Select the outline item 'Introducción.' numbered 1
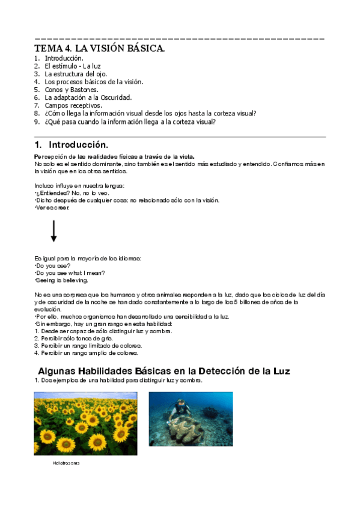pyautogui.click(x=64, y=58)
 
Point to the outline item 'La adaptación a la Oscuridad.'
pyautogui.click(x=88, y=97)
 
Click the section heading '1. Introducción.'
pyautogui.click(x=72, y=145)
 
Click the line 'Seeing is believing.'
pyautogui.click(x=61, y=280)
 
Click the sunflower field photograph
pyautogui.click(x=85, y=423)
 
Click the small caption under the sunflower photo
pyautogui.click(x=66, y=464)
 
